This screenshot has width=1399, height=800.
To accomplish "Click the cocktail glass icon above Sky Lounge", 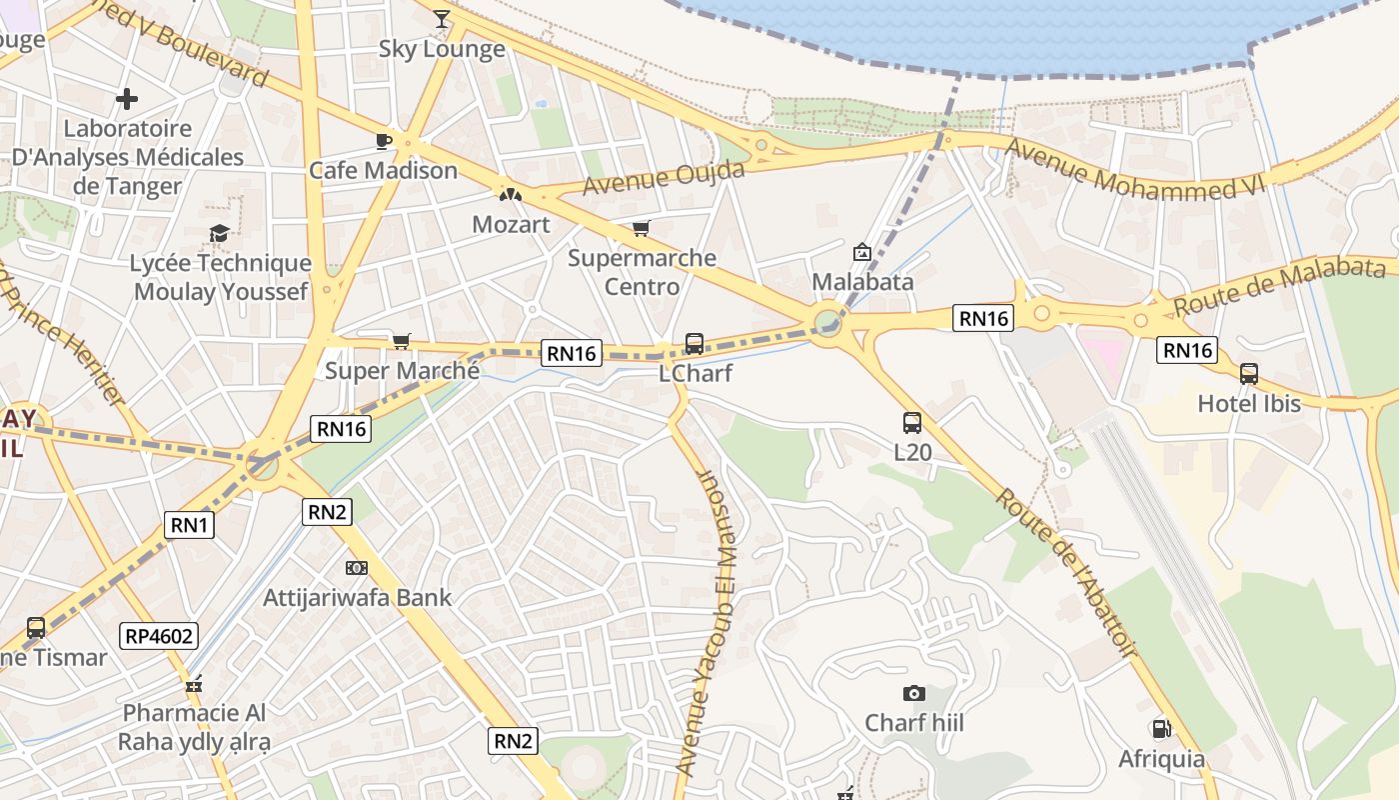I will [x=441, y=19].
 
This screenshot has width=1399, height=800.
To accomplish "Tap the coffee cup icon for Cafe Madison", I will [x=383, y=141].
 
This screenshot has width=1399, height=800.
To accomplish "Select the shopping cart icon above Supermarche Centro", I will [x=642, y=228].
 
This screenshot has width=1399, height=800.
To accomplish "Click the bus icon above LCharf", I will [x=694, y=344].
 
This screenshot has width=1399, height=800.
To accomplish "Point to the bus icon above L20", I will [x=911, y=422].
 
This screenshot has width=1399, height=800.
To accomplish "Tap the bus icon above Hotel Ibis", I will [x=1248, y=374].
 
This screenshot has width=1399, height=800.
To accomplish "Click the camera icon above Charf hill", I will [x=913, y=693].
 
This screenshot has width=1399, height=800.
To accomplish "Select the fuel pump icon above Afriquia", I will [x=1160, y=729].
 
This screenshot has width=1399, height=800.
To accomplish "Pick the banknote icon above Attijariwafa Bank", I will [x=356, y=568].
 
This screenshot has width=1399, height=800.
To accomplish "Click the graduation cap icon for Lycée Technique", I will [x=219, y=234].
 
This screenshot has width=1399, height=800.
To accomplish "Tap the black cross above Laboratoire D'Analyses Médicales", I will [x=127, y=99].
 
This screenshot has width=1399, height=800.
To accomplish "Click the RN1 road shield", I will [x=190, y=524].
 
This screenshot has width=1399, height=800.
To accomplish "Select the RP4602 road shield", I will [x=159, y=635].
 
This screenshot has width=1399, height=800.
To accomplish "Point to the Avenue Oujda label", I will [x=664, y=178].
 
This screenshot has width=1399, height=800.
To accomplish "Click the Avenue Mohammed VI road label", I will [x=1136, y=167].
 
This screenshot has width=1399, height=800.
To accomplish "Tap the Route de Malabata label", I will [x=1280, y=285].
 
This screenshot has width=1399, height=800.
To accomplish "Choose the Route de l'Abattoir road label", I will [x=1067, y=572].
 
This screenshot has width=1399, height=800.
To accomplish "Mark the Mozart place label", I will [x=511, y=224].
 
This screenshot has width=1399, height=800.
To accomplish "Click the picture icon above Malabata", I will [x=861, y=252].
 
